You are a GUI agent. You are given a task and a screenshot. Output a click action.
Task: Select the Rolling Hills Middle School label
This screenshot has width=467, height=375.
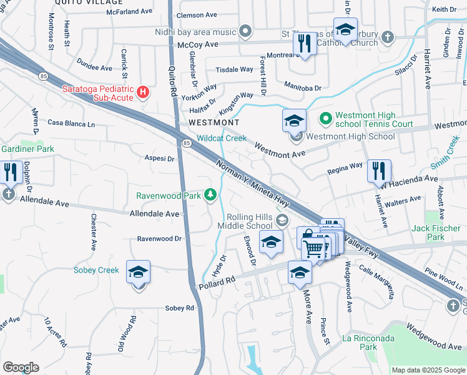(250, 221)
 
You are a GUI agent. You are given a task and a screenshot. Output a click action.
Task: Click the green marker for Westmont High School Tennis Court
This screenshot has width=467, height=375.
(325, 117)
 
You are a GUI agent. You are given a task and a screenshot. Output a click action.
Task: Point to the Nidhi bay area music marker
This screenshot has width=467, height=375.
(245, 31)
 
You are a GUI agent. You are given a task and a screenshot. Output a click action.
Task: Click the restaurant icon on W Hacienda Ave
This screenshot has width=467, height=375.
(378, 170)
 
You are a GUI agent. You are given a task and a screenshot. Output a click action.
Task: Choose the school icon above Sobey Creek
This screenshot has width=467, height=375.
(139, 272)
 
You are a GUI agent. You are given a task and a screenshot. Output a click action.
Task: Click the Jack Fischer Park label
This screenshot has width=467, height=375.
(436, 232)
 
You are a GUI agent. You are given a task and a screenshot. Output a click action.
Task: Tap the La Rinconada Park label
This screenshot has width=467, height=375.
(368, 341)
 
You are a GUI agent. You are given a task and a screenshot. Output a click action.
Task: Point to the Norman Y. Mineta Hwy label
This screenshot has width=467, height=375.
(252, 186)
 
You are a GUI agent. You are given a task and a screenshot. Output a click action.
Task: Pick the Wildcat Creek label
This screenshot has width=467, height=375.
(222, 138)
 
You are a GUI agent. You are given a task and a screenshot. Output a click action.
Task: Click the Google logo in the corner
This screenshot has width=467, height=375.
(20, 367)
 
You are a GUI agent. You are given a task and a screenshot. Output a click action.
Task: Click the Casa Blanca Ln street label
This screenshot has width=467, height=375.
(71, 124)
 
